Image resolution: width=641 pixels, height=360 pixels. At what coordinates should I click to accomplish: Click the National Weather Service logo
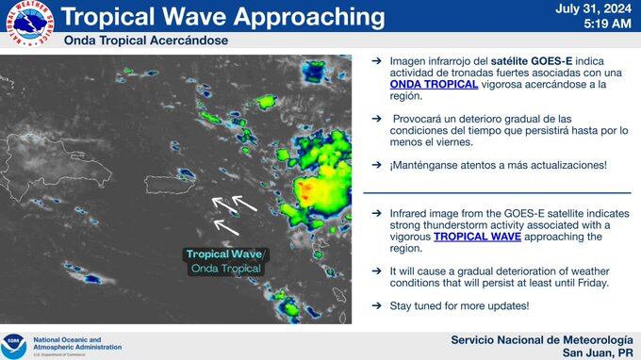29,25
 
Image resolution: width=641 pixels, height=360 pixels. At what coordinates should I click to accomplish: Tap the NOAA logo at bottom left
14,345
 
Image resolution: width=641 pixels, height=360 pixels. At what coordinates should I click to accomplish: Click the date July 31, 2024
594,8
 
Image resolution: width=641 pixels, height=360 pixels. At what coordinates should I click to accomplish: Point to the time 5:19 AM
608,25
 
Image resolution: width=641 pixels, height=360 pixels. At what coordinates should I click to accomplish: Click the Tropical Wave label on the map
225,254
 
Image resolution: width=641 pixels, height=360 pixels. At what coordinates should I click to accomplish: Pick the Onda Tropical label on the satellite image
225,269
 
